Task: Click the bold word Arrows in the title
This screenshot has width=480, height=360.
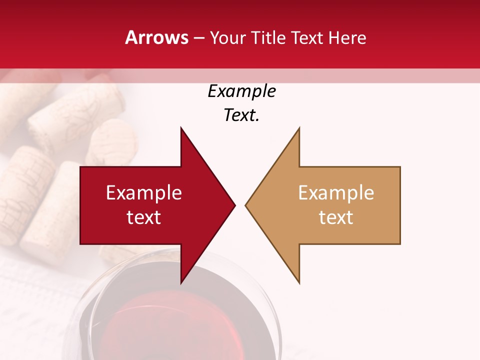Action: click(156, 38)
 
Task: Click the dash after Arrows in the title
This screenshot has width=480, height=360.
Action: click(198, 38)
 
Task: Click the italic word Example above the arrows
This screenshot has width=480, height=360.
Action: click(241, 91)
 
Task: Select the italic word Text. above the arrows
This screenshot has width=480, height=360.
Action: click(241, 115)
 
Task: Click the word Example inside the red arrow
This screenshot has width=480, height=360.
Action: click(144, 193)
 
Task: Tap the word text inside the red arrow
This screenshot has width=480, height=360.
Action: click(144, 217)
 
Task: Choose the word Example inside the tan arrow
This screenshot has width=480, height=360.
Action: click(336, 193)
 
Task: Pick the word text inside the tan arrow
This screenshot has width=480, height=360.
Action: click(336, 217)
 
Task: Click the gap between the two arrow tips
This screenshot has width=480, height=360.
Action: click(240, 205)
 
